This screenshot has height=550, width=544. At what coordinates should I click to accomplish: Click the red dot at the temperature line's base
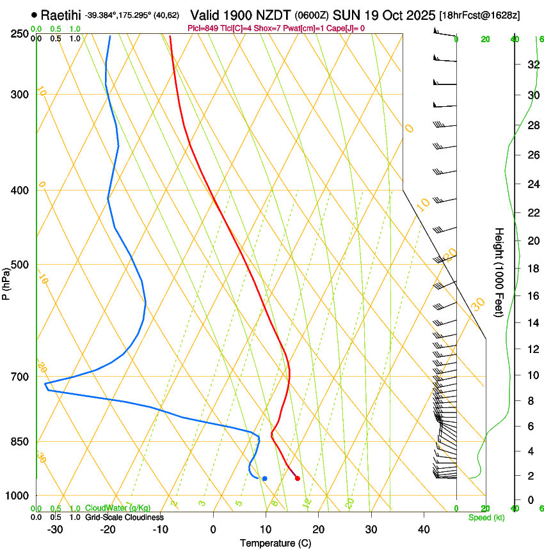(297, 478)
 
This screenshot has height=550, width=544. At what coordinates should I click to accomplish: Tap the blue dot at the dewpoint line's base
(264, 478)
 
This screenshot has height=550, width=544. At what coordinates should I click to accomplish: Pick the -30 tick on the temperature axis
(55, 529)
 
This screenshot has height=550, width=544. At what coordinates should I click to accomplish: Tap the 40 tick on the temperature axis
(423, 529)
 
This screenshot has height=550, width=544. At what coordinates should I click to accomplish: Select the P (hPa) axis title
(6, 282)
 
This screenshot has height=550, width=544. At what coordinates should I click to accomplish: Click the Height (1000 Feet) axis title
(499, 272)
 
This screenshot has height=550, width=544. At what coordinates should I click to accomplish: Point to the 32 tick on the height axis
(532, 65)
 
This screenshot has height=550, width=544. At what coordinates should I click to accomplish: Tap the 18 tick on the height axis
(532, 268)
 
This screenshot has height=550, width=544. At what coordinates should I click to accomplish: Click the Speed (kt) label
(486, 517)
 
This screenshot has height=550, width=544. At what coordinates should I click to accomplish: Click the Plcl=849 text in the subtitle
(204, 28)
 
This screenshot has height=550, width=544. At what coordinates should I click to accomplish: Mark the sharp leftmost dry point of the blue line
(45, 385)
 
